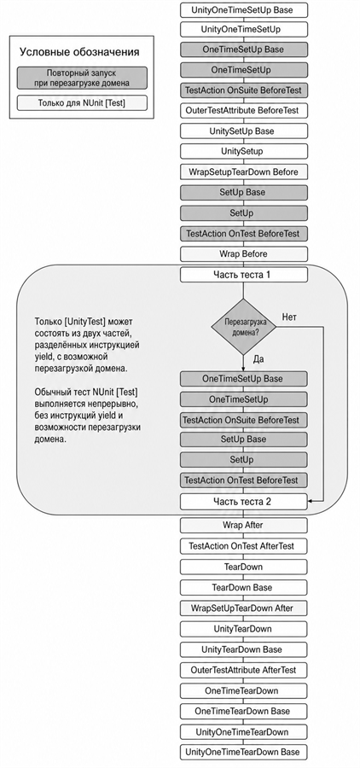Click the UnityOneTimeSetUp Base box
tap(244, 9)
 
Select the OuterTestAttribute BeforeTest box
tap(244, 110)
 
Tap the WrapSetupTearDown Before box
tap(244, 172)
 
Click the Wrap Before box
tap(244, 254)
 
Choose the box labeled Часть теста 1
tap(244, 275)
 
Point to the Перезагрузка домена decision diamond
tap(243, 326)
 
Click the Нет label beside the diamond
tap(289, 317)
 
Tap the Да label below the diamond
tap(258, 359)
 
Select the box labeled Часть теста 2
tap(244, 502)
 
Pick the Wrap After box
tap(244, 525)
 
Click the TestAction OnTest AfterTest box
tap(244, 545)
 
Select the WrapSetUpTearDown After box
tap(244, 608)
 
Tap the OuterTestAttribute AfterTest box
tap(244, 670)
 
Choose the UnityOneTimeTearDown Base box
tap(244, 752)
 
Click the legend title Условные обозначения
tap(79, 52)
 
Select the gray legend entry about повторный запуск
tap(82, 78)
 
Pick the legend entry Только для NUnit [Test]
tap(82, 103)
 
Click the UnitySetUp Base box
tap(244, 131)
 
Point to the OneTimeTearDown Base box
tap(244, 711)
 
